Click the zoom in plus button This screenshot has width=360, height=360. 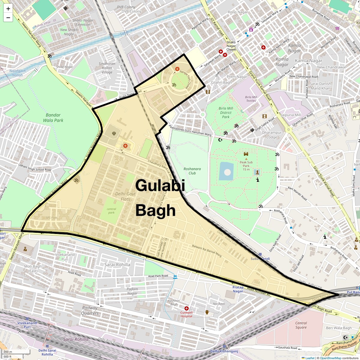coord(8,9)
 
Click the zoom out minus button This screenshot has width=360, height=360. coord(8,18)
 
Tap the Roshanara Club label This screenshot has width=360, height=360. coord(192,171)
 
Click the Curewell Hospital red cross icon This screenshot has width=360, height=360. coord(187,308)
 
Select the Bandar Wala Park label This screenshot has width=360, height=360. coord(53,118)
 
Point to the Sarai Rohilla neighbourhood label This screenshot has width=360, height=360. coord(117,265)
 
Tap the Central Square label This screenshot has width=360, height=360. coord(301,325)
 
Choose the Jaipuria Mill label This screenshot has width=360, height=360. coord(291,115)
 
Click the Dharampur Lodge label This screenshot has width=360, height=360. coord(272,135)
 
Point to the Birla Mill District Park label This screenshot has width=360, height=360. coord(226,112)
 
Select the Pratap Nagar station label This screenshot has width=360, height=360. coord(238,289)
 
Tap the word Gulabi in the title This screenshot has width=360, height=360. coord(160,186)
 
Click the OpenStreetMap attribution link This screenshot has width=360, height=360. coord(330,358)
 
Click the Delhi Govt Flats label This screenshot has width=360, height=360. coord(125,196)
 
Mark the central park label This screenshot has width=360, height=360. coord(111,211)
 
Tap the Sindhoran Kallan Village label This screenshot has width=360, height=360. coord(107,68)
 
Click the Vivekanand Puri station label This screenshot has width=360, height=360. coord(27,325)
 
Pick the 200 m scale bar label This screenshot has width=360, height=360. coord(8,352)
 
